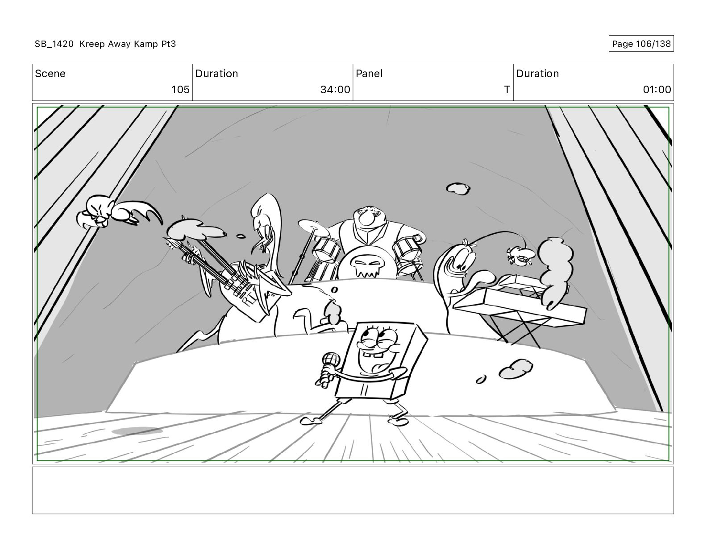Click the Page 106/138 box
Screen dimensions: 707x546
click(x=641, y=44)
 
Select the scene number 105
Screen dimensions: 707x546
click(x=180, y=89)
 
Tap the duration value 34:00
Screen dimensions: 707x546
click(x=335, y=89)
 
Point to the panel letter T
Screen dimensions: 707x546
click(x=507, y=89)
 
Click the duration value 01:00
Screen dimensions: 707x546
click(x=657, y=89)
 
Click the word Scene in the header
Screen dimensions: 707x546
click(x=50, y=74)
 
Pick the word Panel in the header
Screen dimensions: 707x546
click(x=369, y=74)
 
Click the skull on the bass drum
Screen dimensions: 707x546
click(x=367, y=265)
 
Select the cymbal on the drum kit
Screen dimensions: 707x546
click(x=314, y=227)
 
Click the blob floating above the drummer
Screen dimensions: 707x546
click(x=458, y=189)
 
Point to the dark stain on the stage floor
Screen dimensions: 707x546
click(x=137, y=431)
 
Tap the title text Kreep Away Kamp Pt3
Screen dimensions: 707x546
click(x=128, y=44)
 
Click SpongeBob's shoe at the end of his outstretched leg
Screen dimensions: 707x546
click(x=311, y=421)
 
